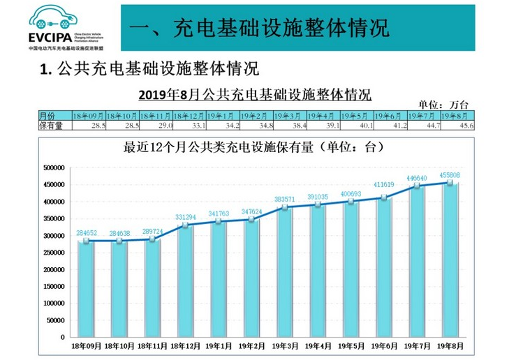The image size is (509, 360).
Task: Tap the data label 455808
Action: (x=450, y=175)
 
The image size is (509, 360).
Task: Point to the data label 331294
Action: (x=187, y=217)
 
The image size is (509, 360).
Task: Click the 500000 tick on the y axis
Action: (x=53, y=167)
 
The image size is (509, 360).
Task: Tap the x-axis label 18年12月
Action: (x=187, y=345)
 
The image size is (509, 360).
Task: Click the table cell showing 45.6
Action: (x=457, y=126)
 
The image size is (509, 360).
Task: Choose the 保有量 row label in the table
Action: (x=52, y=126)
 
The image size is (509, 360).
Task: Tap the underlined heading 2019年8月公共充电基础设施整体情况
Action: (x=254, y=94)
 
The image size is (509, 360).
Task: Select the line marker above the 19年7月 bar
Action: (x=417, y=186)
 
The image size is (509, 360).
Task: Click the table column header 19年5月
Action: (x=356, y=115)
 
